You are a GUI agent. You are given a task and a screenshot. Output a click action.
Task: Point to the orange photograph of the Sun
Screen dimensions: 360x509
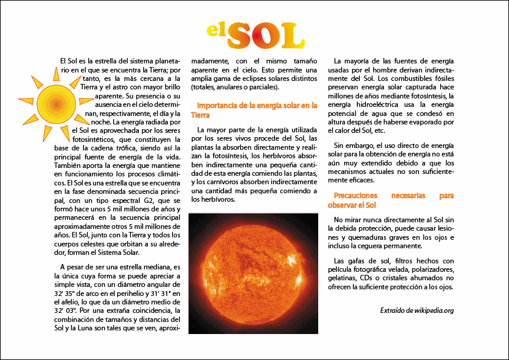point(254,273)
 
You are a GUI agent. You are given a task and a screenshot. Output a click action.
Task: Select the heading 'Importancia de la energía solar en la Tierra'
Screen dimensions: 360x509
point(254,109)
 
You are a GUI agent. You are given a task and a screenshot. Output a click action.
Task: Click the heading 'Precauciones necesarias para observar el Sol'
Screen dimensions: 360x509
point(393,201)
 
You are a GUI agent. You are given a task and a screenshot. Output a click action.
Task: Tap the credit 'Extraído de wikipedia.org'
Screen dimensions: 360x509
point(417,310)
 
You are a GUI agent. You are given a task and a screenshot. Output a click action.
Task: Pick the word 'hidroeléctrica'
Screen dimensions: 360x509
point(391,104)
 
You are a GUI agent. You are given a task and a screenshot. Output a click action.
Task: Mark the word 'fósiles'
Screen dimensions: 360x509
point(441,79)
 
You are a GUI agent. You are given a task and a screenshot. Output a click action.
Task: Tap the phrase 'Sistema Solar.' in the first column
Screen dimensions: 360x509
point(119,251)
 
